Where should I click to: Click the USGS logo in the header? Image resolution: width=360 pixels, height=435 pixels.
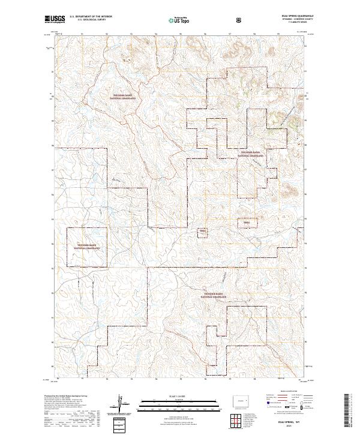click(x=55, y=20)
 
